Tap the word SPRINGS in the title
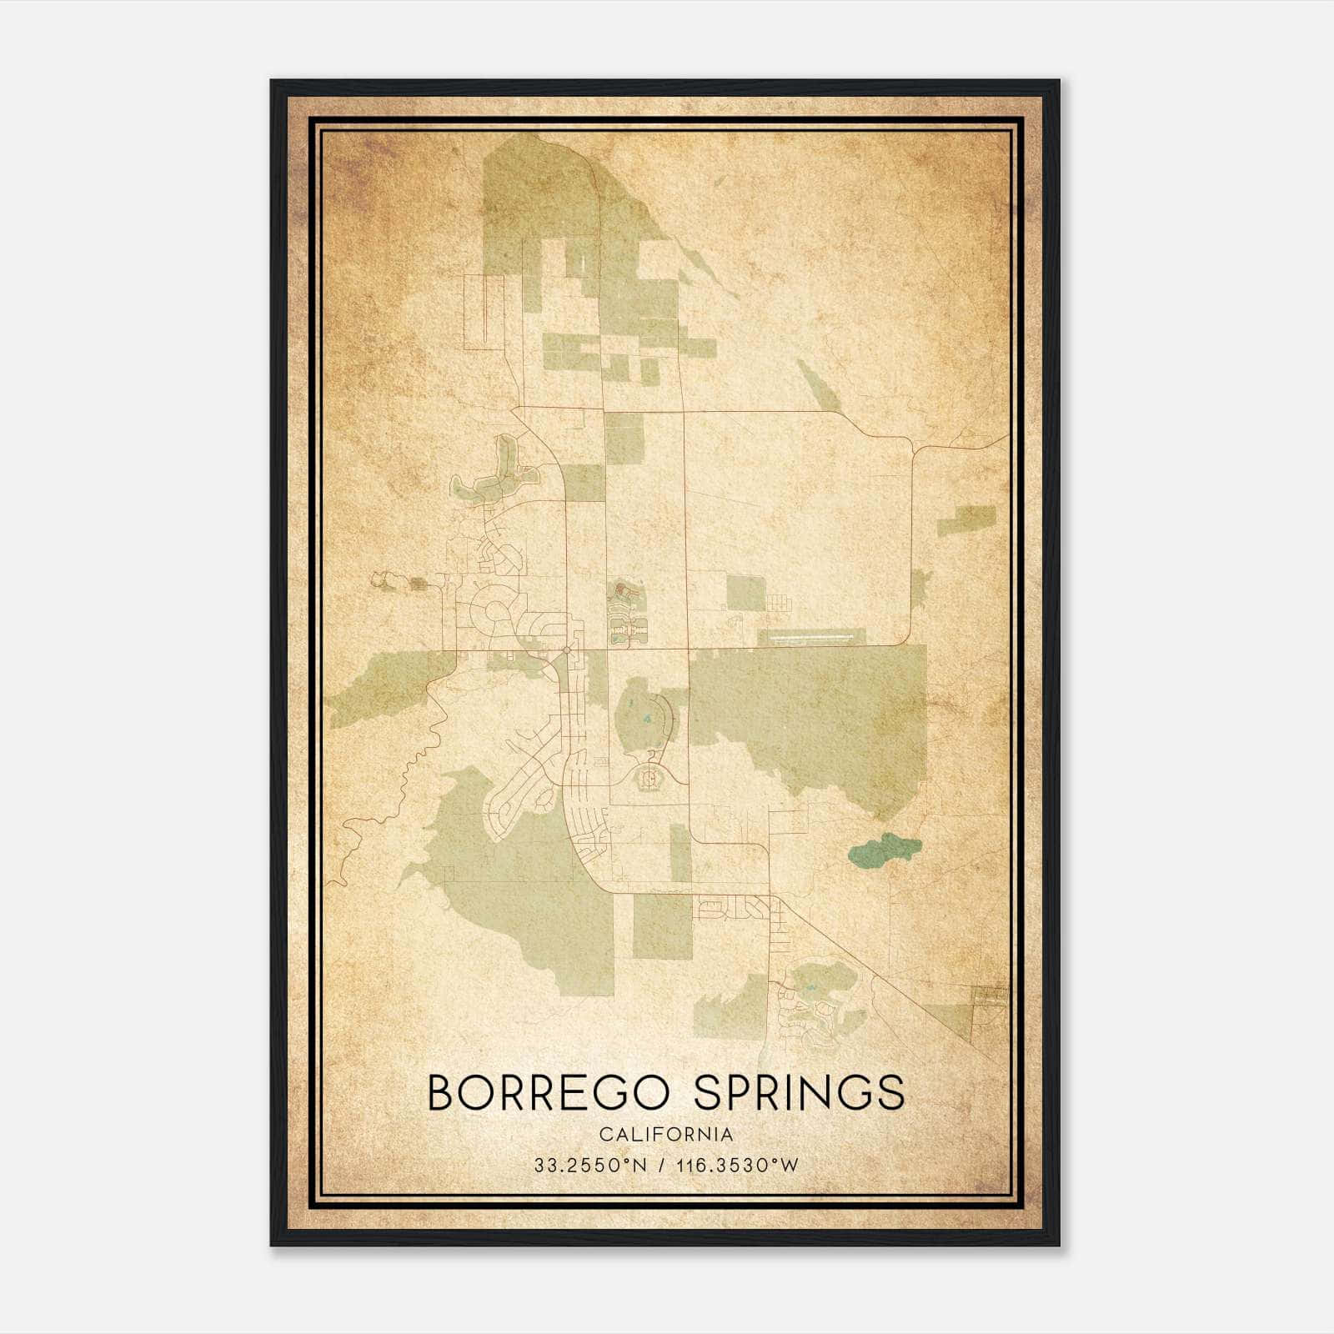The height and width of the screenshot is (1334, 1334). coord(799,1093)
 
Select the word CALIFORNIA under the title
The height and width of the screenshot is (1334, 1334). coord(666,1135)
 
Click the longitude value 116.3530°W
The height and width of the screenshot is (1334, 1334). coord(736,1166)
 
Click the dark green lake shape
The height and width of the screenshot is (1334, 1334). coord(885,850)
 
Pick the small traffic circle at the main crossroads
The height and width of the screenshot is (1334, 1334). coord(566,649)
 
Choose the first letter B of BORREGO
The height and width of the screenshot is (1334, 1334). coord(441,1093)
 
